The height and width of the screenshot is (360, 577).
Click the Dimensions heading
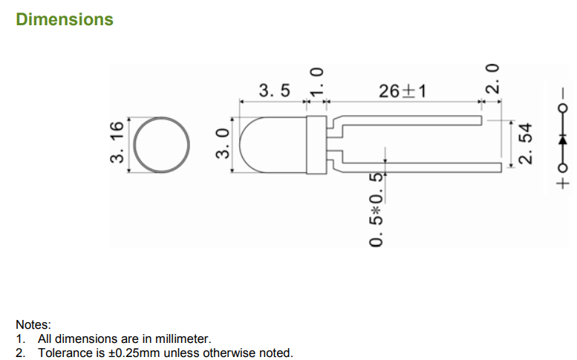click(x=65, y=19)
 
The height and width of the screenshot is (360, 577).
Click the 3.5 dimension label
click(x=274, y=91)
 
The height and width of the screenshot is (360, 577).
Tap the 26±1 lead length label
click(x=402, y=91)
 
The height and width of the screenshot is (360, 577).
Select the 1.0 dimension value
click(x=316, y=82)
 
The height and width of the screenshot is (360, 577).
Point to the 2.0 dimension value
click(x=492, y=79)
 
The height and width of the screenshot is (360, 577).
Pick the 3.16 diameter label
click(x=117, y=142)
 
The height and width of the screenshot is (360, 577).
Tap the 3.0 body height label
click(x=222, y=143)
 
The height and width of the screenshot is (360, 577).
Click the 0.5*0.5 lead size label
click(x=376, y=209)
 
